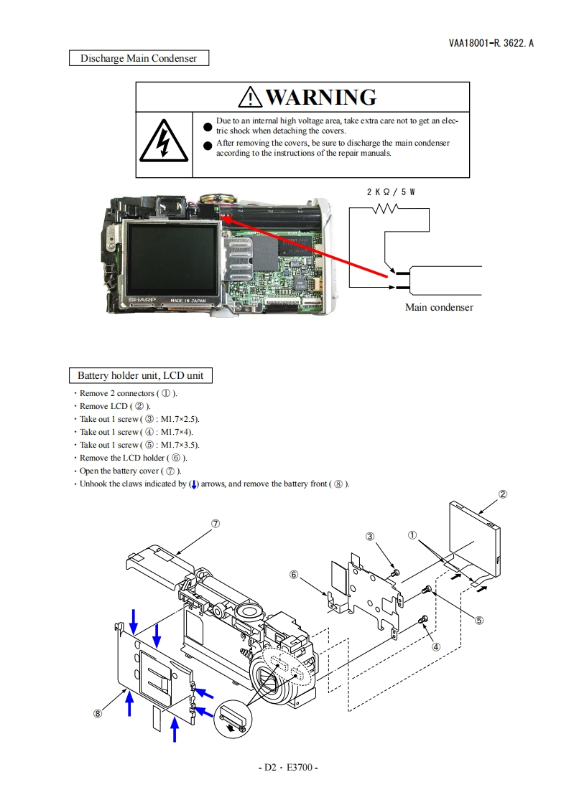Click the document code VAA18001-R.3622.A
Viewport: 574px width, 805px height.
coord(491,43)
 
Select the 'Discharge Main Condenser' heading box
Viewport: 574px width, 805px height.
coord(139,58)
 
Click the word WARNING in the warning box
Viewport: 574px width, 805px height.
coord(320,97)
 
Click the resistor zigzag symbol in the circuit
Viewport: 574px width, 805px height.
coord(386,209)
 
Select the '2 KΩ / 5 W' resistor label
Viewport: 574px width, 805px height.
coord(390,192)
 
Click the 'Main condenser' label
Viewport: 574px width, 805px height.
coord(439,307)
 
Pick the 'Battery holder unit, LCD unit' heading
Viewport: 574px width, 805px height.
coord(140,375)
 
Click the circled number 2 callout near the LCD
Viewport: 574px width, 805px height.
coord(503,494)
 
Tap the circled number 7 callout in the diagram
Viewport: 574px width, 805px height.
coord(215,523)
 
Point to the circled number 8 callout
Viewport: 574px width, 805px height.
coord(98,712)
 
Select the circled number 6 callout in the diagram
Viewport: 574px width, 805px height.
coord(294,574)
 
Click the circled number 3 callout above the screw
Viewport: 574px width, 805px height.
coord(370,536)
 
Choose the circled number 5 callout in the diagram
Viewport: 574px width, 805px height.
coord(479,621)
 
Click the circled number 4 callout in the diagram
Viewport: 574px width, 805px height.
coord(436,645)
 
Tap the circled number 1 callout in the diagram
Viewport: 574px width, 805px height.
coord(412,535)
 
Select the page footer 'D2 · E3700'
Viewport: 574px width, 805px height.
coord(287,767)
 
